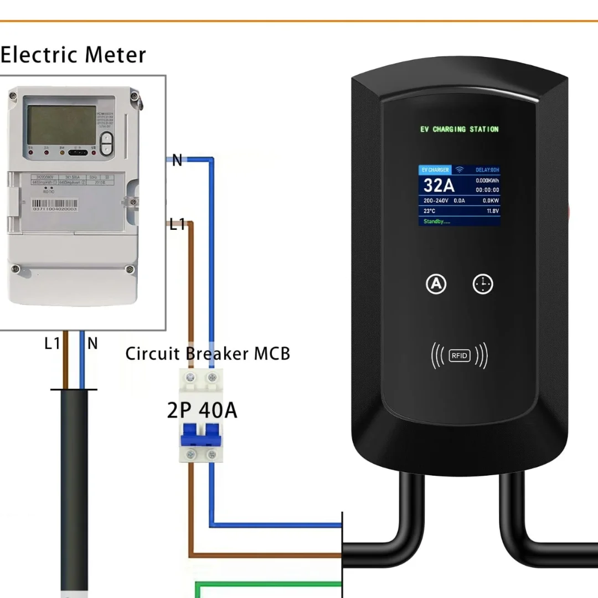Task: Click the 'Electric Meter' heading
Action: click(73, 55)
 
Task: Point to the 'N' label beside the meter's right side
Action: click(177, 161)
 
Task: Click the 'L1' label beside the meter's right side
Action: click(177, 224)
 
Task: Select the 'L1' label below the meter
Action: click(52, 344)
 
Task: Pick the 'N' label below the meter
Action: click(92, 344)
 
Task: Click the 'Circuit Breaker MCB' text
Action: click(208, 354)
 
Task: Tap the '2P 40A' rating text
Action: click(202, 410)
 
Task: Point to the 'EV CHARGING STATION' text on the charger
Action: click(460, 130)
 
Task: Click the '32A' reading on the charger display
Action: click(440, 185)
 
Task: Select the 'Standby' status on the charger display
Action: click(437, 221)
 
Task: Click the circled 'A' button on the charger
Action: click(436, 284)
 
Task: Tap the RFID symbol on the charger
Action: click(460, 355)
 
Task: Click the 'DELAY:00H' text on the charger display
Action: click(487, 170)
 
